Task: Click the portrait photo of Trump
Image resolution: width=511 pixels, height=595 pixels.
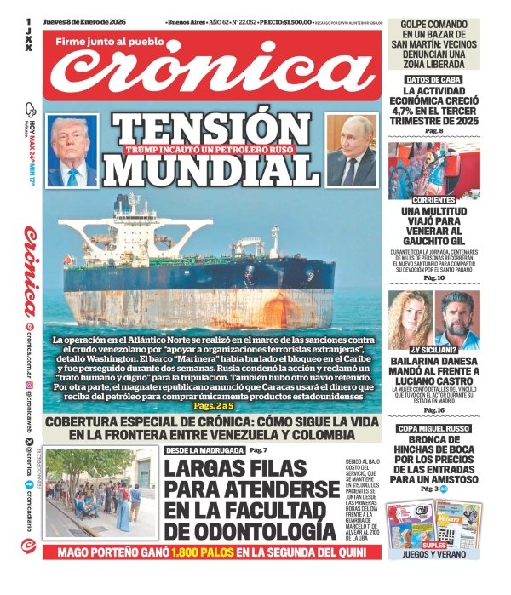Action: coord(73,152)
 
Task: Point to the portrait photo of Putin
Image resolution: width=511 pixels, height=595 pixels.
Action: coord(352,151)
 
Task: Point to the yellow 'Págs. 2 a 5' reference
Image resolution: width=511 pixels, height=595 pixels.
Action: coord(213,407)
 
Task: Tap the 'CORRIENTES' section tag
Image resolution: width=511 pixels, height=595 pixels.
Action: coord(434,195)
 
